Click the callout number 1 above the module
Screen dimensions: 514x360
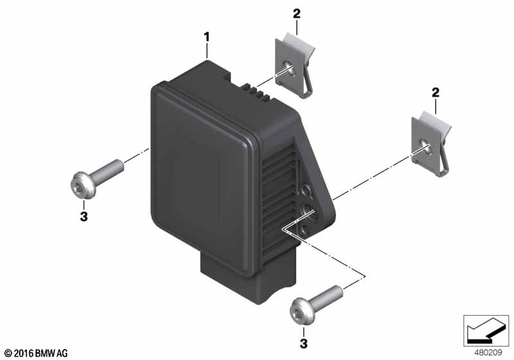click(x=206, y=37)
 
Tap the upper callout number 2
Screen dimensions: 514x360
click(x=296, y=14)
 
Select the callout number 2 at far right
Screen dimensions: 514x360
click(x=436, y=93)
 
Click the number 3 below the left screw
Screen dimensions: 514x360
click(x=84, y=217)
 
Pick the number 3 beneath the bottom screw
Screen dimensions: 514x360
click(x=303, y=343)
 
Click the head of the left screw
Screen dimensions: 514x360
click(x=83, y=185)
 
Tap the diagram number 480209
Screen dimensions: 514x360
click(x=488, y=353)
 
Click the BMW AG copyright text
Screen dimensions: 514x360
click(x=37, y=353)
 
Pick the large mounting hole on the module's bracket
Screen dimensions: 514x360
click(x=308, y=209)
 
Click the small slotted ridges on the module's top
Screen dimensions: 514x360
click(x=258, y=91)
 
